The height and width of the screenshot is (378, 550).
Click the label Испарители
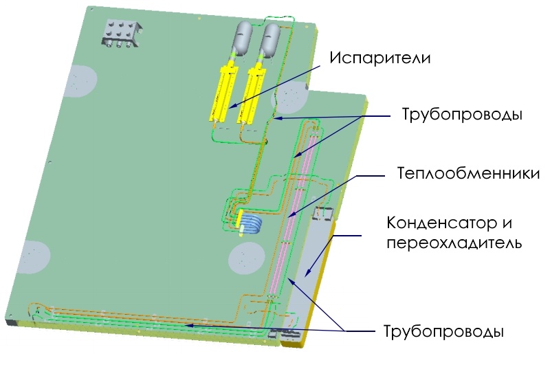coord(379,58)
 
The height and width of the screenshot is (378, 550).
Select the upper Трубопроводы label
coord(462,115)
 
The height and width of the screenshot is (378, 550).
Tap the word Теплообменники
coord(468,173)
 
